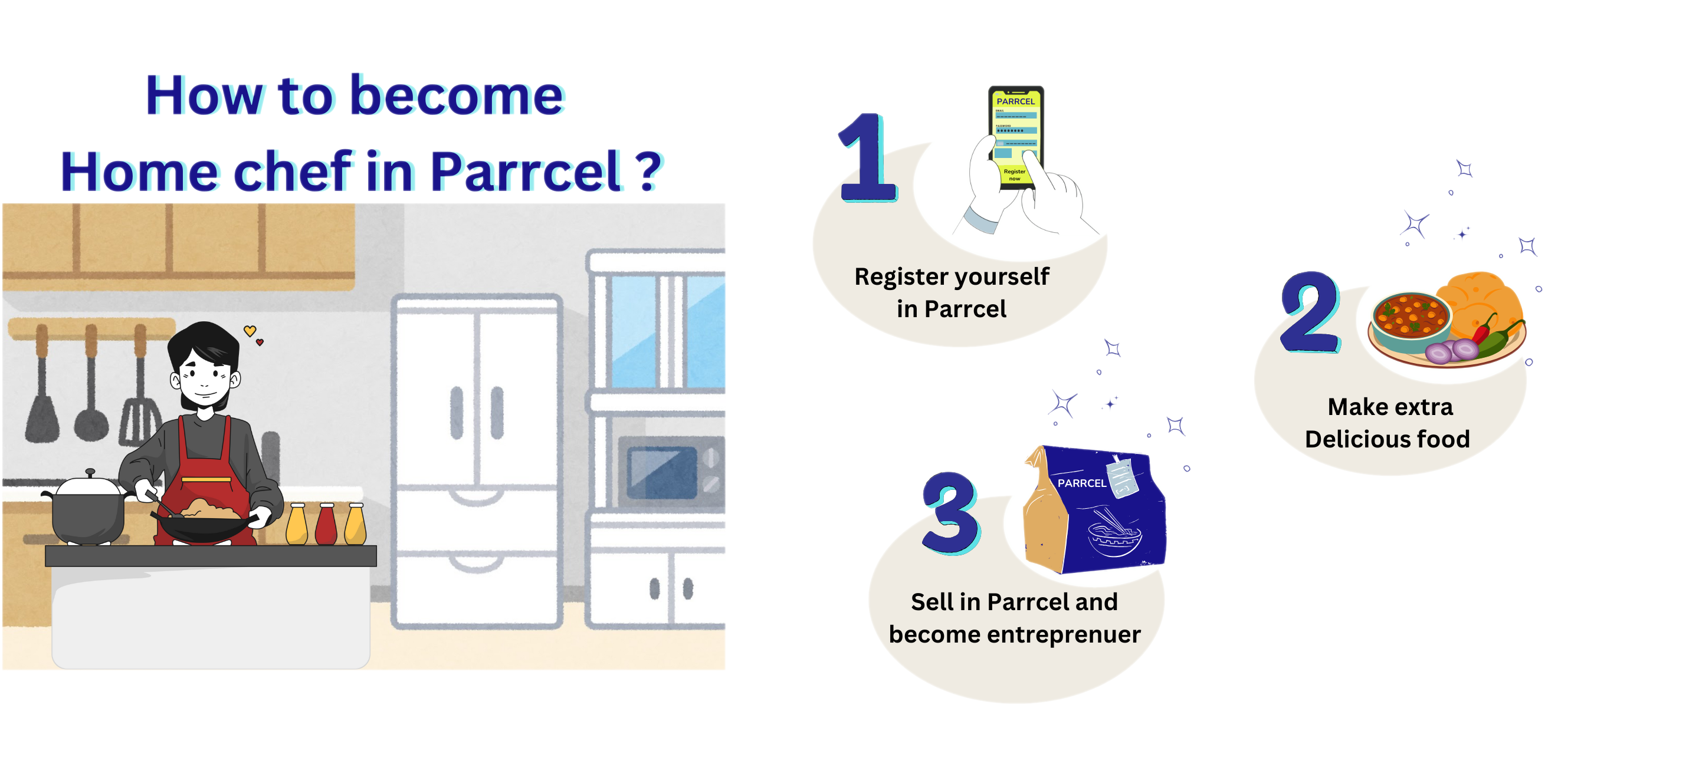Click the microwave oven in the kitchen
point(670,472)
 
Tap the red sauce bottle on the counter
point(326,525)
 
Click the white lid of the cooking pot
point(90,486)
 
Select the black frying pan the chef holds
point(205,528)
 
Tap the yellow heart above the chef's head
point(250,331)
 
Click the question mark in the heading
point(650,172)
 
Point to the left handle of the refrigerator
point(457,413)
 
